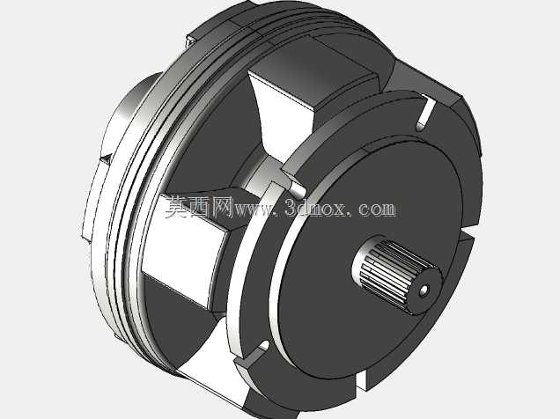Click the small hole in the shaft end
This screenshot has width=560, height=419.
424,290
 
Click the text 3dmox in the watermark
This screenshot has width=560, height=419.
315,208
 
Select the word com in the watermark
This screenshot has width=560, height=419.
377,209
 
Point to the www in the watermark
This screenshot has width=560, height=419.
254,209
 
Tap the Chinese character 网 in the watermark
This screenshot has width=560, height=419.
222,207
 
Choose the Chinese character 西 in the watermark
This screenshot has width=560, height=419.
200,207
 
